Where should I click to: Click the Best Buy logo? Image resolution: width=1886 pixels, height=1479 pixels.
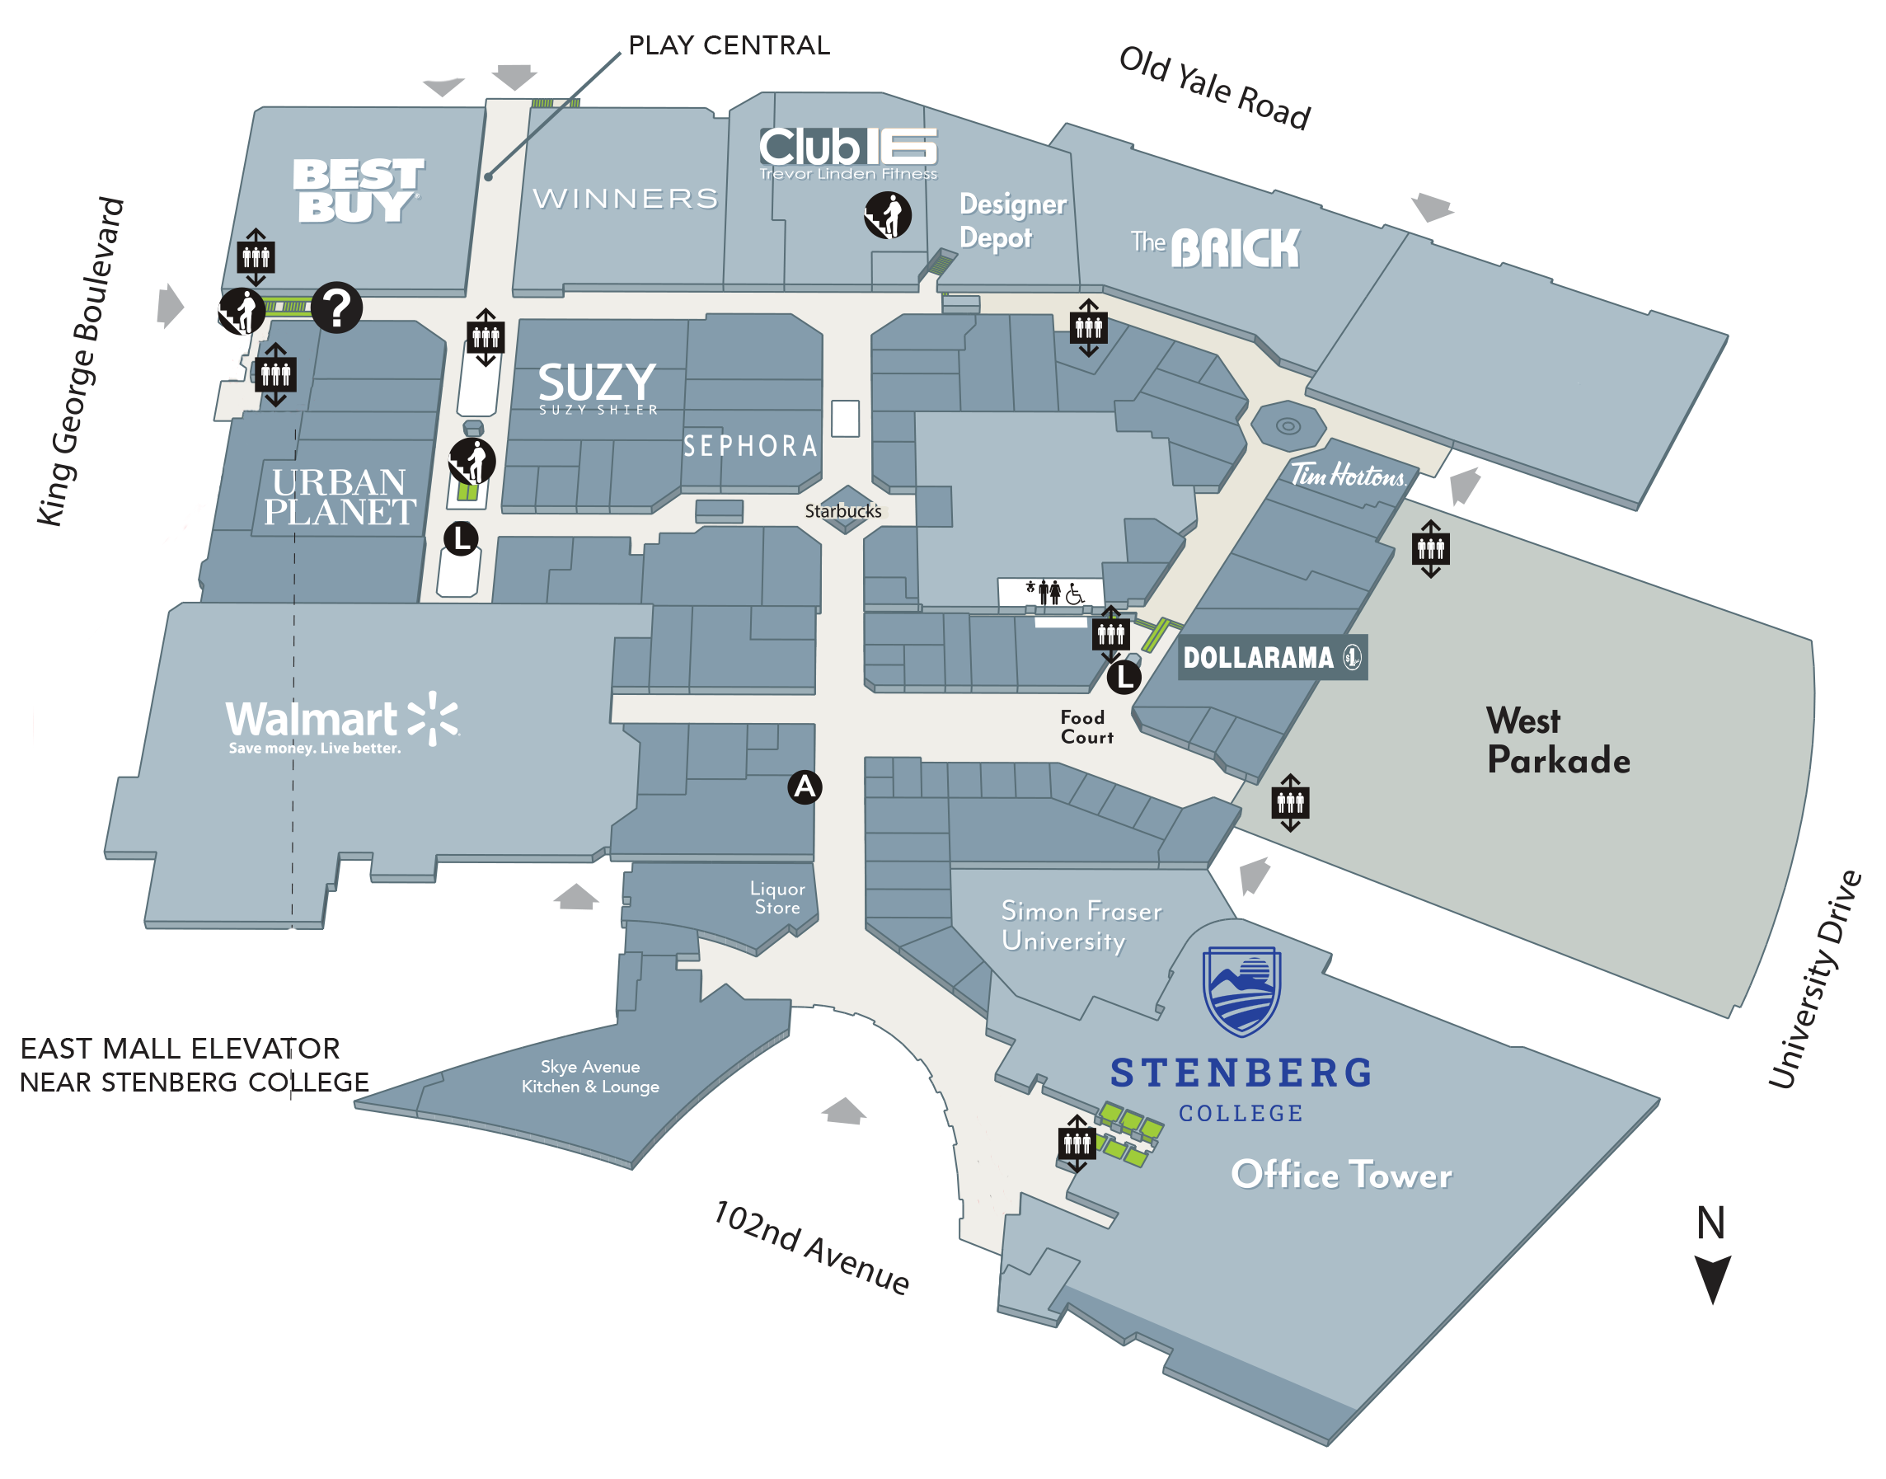(358, 190)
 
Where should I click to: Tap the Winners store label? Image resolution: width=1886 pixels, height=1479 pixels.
(625, 200)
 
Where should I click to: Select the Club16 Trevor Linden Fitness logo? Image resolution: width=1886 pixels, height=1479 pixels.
(847, 153)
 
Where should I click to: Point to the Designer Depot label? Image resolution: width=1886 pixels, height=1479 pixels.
(1012, 221)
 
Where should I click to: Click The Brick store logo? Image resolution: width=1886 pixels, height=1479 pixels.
(1215, 247)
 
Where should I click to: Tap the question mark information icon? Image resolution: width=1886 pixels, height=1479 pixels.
(337, 308)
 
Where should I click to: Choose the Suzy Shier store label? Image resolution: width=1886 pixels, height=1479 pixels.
(598, 388)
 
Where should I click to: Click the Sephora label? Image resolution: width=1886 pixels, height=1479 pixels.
(750, 447)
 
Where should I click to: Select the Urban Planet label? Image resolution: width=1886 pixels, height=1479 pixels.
(340, 497)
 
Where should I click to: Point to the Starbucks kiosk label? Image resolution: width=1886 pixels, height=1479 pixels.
(842, 511)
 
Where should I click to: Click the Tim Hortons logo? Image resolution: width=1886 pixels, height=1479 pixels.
(1348, 475)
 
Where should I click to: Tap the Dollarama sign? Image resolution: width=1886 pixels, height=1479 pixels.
(1271, 657)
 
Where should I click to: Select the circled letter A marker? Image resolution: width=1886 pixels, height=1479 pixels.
(805, 787)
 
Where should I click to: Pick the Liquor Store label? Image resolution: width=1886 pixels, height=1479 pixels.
(776, 898)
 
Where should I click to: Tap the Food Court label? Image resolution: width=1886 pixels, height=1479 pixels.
(1086, 727)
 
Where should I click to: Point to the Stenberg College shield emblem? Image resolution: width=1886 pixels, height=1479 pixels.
(1241, 991)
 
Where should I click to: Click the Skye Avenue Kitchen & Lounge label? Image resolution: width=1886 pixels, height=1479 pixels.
(589, 1077)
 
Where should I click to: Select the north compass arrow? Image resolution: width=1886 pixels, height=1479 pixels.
(1712, 1277)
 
